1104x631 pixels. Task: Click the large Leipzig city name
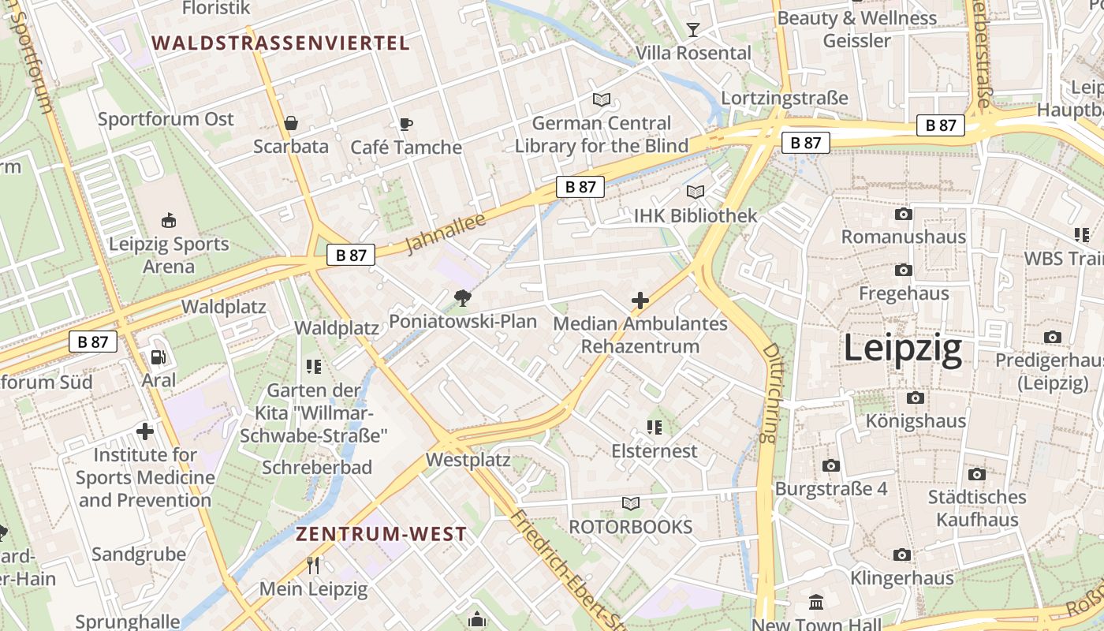903,349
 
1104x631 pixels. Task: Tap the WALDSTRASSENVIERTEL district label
281,43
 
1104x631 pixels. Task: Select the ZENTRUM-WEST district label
381,534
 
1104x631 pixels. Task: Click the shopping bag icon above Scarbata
291,123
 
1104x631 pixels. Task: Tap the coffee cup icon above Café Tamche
405,124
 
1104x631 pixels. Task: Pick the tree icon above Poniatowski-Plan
463,298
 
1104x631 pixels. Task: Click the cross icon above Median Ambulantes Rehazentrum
640,301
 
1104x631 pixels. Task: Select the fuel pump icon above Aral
159,357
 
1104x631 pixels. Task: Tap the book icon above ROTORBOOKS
631,503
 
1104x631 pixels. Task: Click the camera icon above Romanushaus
903,214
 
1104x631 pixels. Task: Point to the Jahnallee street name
446,233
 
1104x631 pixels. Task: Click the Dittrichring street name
771,392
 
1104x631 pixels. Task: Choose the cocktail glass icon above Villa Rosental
693,30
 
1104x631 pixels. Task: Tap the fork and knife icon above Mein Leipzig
313,565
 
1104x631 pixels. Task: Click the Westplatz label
468,459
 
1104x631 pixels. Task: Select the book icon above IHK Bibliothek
695,192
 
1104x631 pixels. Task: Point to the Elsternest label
655,451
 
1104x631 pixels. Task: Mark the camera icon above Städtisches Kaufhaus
977,474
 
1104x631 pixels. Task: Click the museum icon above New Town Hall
816,603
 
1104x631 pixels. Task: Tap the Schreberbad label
317,468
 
